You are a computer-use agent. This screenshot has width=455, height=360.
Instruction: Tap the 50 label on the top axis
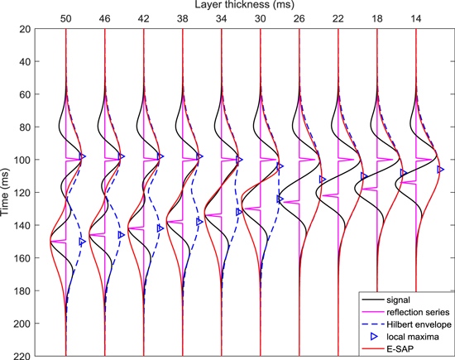pos(65,17)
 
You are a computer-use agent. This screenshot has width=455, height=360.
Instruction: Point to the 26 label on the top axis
pos(299,17)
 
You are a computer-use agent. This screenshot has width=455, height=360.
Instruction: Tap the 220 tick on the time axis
pos(34,356)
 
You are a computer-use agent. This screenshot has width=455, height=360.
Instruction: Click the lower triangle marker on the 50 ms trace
pos(83,242)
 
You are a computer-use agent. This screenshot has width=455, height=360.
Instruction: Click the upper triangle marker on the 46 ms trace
pos(122,156)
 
